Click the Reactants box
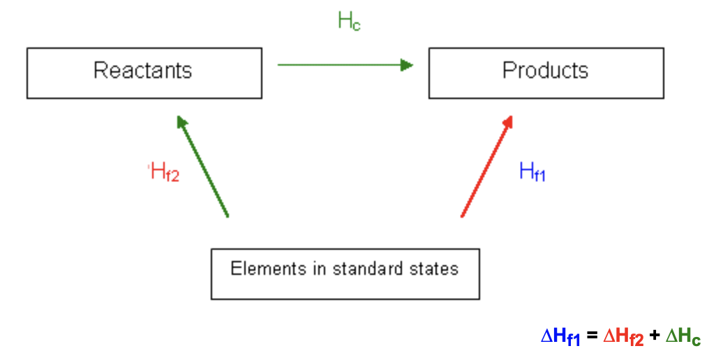(x=144, y=73)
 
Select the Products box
(x=546, y=73)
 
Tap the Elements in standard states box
(x=345, y=273)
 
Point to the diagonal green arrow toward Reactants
(x=203, y=167)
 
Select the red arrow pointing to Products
(x=487, y=167)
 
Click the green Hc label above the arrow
(x=349, y=22)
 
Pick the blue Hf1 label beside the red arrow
(x=532, y=172)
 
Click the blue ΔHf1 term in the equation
(x=560, y=337)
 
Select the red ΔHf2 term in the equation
(x=623, y=337)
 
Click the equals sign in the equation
(x=592, y=336)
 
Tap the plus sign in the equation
(x=654, y=336)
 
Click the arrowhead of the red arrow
(x=509, y=121)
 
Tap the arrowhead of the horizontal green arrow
(x=407, y=65)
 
